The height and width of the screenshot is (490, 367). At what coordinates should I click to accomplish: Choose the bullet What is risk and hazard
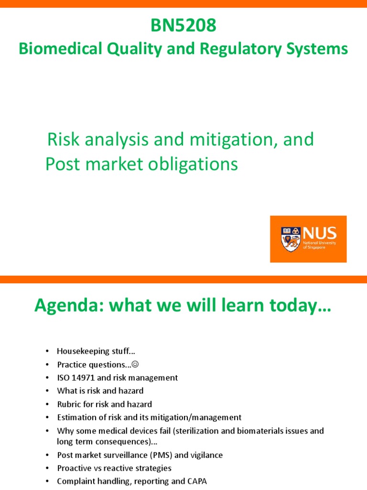pos(100,391)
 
